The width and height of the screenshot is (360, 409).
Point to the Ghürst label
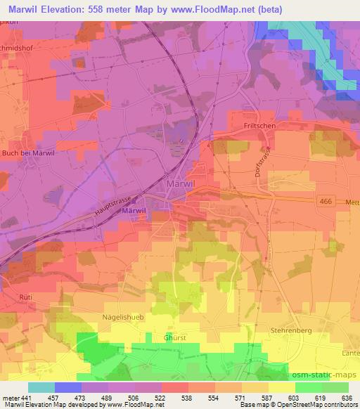(x=176, y=337)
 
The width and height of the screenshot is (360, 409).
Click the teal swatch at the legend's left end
(x=41, y=387)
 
